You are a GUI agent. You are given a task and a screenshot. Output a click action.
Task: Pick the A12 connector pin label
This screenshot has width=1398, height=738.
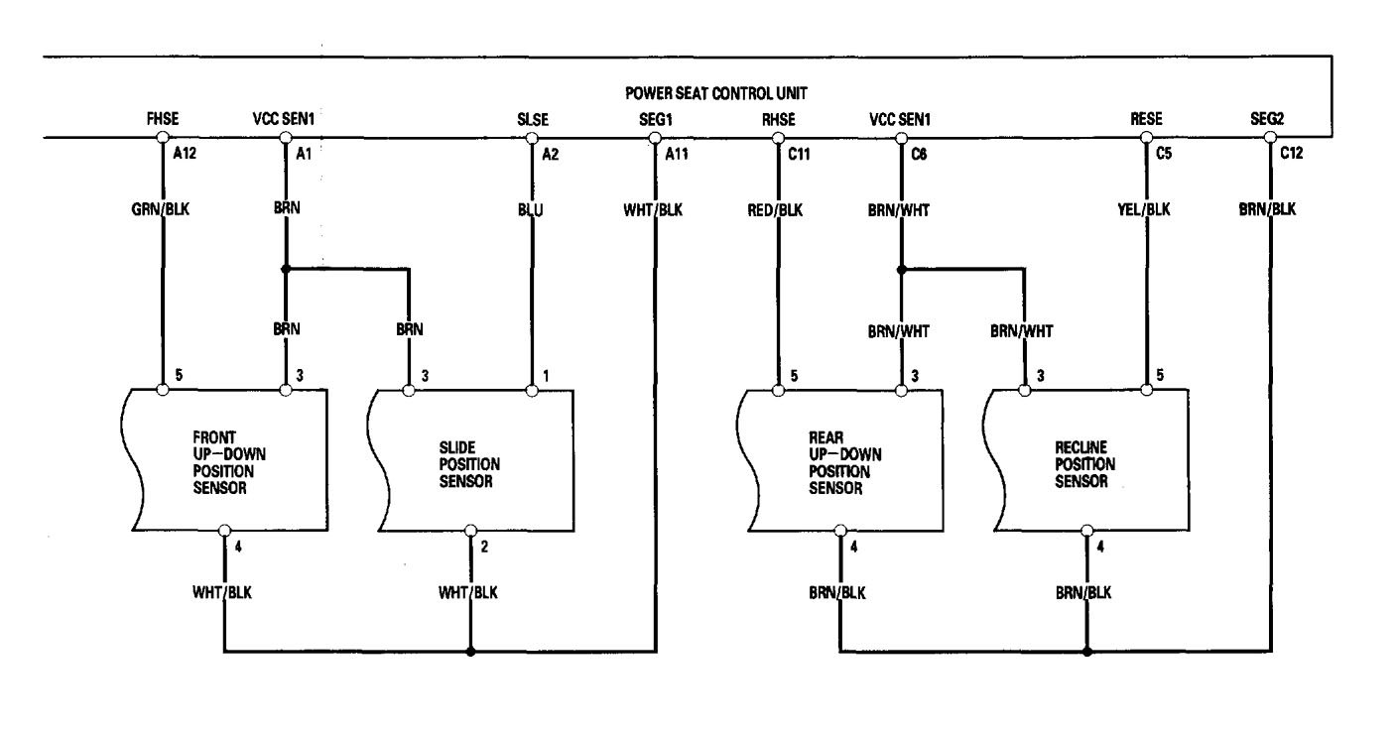184,155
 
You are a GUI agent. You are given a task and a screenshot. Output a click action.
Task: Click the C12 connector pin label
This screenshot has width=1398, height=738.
1291,155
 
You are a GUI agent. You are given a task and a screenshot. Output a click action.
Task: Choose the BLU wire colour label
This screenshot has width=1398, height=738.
532,210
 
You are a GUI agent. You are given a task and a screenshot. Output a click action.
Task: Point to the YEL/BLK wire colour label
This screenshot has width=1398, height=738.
1147,210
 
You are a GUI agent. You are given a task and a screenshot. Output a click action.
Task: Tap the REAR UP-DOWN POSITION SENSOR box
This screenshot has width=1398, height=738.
840,461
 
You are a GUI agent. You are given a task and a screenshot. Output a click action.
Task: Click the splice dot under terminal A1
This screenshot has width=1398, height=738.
286,268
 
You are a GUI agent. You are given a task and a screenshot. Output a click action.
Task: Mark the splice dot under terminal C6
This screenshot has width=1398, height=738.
901,268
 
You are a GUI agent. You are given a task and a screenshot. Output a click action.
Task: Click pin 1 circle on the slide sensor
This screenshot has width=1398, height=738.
532,390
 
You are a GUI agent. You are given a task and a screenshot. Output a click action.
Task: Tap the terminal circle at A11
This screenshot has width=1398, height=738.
655,138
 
